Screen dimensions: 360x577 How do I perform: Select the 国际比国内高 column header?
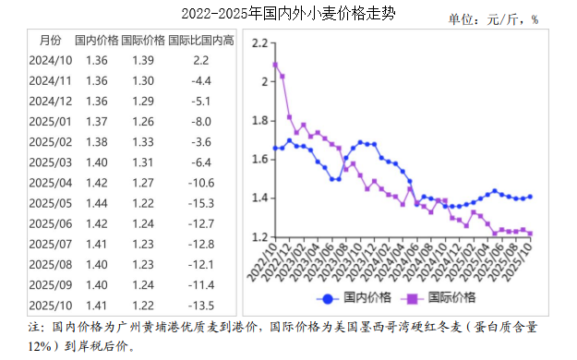tap(201, 41)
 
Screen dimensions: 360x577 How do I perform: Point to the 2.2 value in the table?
tap(201, 60)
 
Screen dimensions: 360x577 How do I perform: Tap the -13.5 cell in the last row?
tap(201, 306)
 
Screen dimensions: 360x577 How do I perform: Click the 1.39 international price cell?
tap(143, 60)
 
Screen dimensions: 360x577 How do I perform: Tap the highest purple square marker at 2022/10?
tap(275, 65)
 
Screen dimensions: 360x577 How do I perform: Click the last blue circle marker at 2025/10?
tap(530, 197)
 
